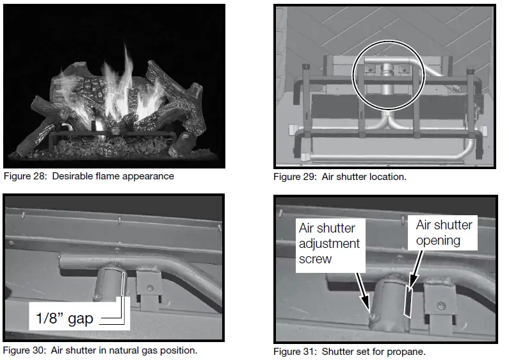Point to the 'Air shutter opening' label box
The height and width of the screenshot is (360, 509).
tap(444, 233)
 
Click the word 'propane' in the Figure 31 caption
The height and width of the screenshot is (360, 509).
tap(407, 352)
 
